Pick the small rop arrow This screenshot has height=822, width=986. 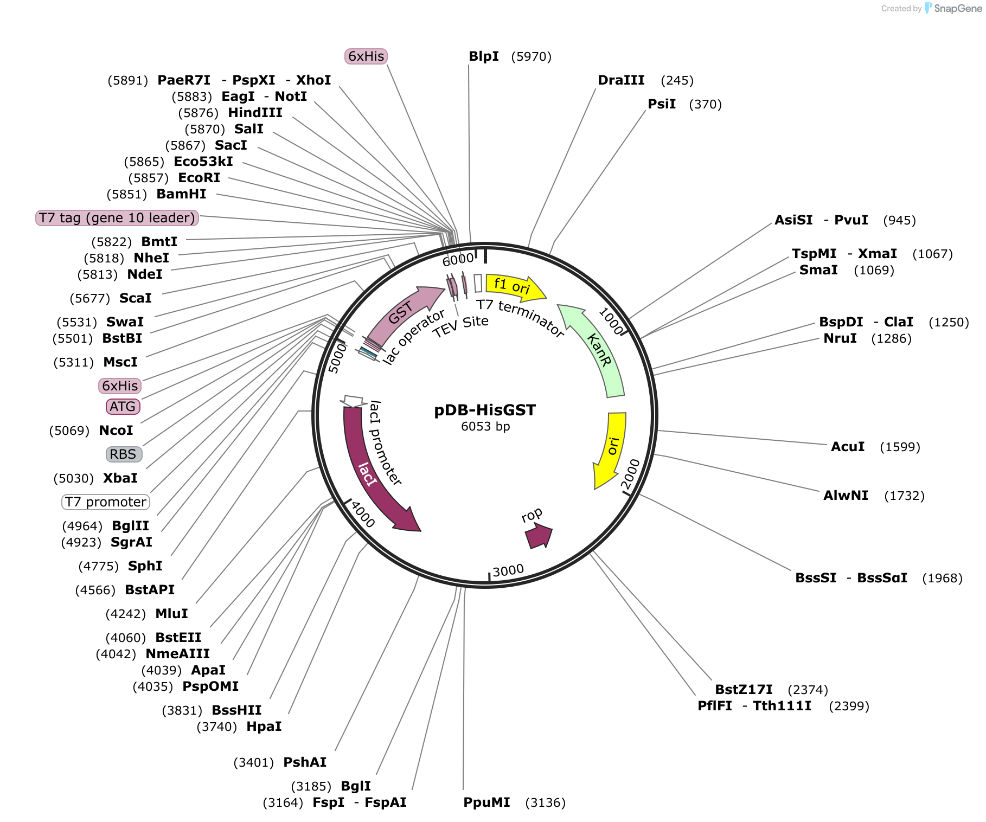539,536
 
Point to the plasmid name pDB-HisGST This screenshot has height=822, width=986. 485,410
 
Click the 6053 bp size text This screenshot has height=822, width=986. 485,427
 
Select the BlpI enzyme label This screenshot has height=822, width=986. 484,56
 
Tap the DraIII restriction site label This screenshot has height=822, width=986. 621,80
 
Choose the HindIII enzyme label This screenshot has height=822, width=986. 255,113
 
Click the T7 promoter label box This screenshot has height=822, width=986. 106,502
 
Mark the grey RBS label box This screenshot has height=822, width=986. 124,454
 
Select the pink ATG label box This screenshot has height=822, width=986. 123,407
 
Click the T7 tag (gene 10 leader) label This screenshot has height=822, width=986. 117,218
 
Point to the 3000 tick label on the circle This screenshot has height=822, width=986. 508,571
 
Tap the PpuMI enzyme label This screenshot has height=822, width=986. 486,802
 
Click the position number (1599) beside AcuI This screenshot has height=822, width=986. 900,447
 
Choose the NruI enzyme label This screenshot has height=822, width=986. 840,338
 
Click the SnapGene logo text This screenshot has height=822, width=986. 958,8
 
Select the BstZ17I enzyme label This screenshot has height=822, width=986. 744,690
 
